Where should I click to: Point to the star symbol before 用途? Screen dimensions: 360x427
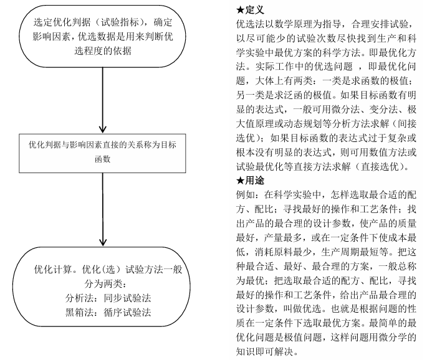point(240,180)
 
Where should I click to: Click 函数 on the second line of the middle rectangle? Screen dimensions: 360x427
point(101,159)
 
